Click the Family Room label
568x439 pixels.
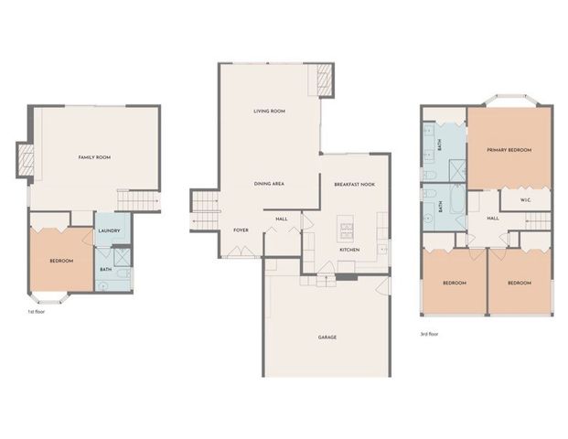pos(95,157)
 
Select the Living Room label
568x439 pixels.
pos(269,112)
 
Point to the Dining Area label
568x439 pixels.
pos(269,184)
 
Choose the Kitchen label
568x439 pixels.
pos(348,249)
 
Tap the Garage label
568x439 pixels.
pos(327,337)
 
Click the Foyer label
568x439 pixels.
pos(241,230)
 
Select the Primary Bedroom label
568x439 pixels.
pos(509,149)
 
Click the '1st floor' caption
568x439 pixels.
pos(37,312)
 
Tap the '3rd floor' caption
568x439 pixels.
pos(430,334)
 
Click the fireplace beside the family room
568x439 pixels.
pos(26,161)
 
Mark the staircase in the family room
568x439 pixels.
pos(136,200)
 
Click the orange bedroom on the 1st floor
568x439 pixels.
pos(60,261)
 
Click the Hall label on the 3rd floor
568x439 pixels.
pos(492,219)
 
